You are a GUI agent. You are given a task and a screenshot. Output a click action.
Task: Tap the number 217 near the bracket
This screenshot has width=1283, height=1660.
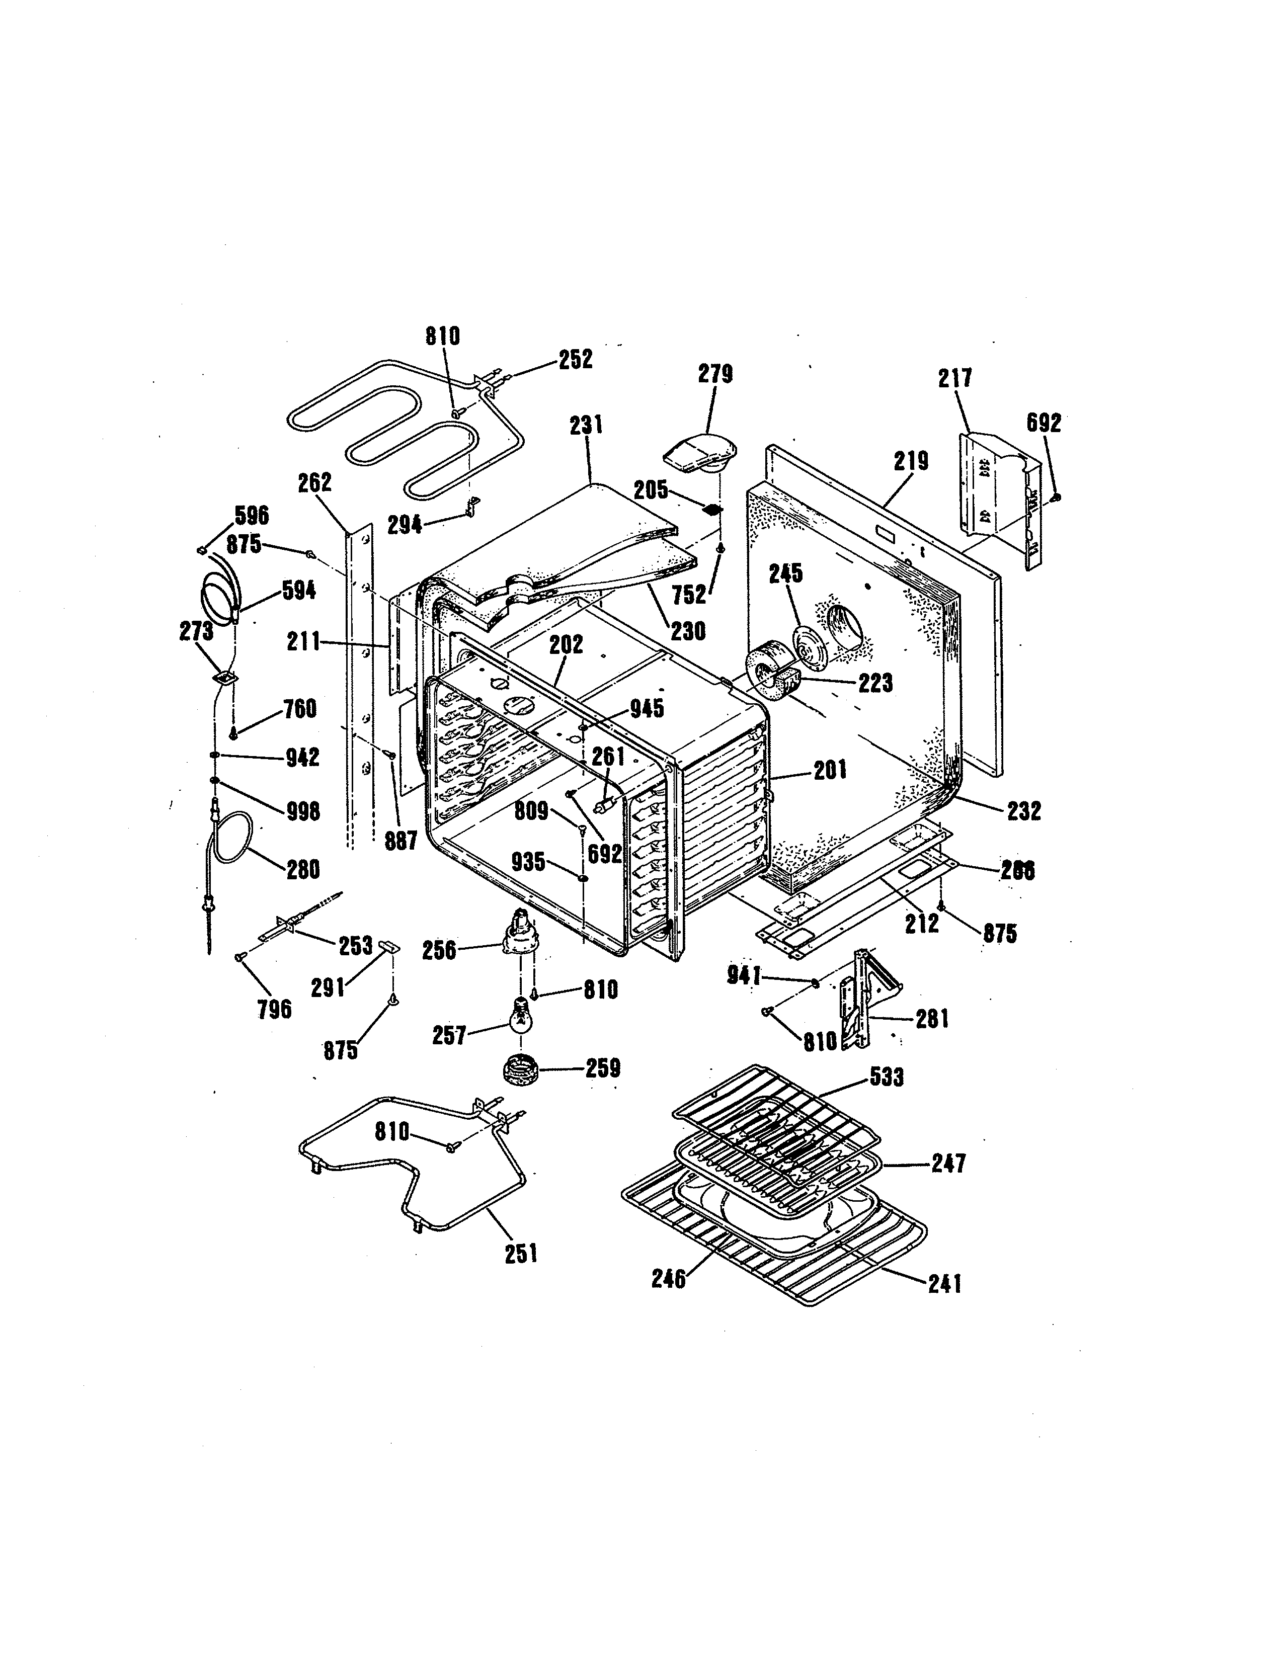tap(954, 378)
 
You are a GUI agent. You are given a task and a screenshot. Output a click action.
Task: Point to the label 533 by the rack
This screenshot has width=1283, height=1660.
tap(886, 1077)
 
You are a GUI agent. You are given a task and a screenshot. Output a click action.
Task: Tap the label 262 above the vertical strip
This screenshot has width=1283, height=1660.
tap(314, 482)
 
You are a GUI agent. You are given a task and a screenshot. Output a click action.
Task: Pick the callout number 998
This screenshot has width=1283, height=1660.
tap(302, 811)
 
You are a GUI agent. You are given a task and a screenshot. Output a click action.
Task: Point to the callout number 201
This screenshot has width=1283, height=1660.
tap(830, 771)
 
